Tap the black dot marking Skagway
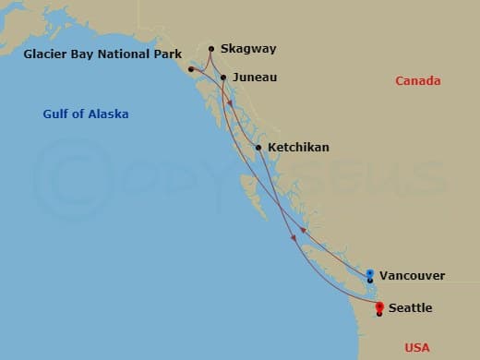point(211,49)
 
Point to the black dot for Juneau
point(222,78)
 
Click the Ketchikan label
point(297,147)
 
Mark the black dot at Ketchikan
point(258,147)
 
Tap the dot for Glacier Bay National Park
point(191,69)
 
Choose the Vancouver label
point(412,275)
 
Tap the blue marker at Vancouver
point(370,273)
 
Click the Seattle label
point(409,307)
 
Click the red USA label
point(418,347)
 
